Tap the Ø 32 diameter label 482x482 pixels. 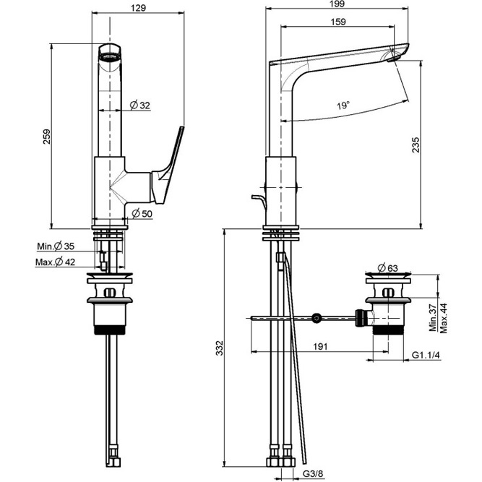click(x=140, y=106)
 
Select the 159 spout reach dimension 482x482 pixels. click(x=337, y=22)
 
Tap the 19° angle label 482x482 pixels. click(x=343, y=106)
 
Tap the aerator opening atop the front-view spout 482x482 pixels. click(x=108, y=52)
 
